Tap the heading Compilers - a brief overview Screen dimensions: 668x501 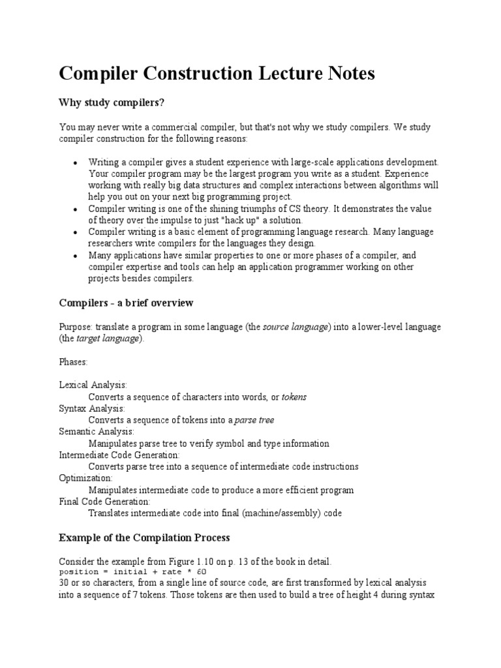point(126,303)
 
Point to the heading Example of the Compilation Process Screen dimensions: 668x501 point(144,538)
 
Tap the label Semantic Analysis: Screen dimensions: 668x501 point(97,432)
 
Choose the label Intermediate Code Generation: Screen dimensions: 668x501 point(119,455)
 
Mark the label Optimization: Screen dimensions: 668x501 point(85,478)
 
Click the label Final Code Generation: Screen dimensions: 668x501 point(104,502)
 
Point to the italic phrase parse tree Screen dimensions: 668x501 point(255,420)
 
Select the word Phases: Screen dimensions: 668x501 point(73,361)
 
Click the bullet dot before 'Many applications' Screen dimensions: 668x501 point(76,256)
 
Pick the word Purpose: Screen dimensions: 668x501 point(76,327)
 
